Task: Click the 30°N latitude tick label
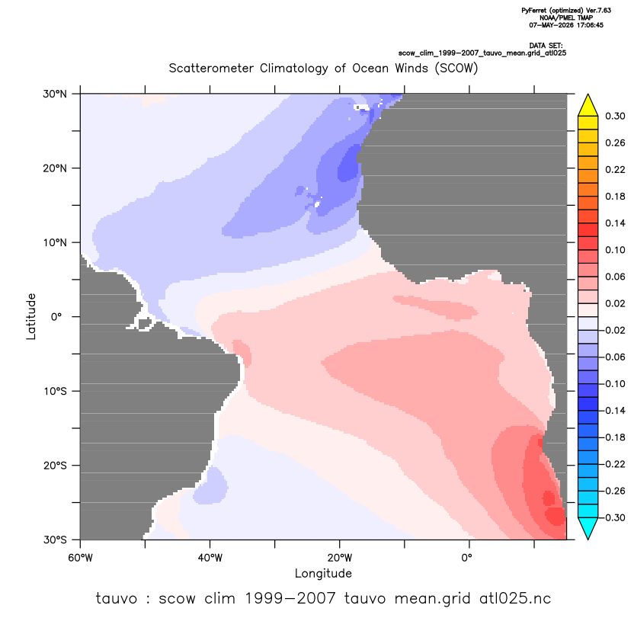(55, 94)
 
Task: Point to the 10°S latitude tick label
(55, 392)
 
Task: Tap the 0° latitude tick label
(56, 317)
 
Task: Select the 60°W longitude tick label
(81, 558)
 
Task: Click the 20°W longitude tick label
(340, 558)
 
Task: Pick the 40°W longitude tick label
(210, 558)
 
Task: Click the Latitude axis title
(31, 316)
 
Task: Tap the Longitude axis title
(323, 573)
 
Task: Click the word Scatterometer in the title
(211, 68)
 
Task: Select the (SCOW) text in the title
(456, 68)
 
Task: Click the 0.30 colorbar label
(615, 117)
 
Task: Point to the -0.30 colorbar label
(613, 517)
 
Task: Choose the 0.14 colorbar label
(615, 223)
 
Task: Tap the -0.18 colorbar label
(613, 437)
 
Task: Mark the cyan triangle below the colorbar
(588, 527)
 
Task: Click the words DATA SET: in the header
(546, 46)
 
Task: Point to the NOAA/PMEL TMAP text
(566, 18)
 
